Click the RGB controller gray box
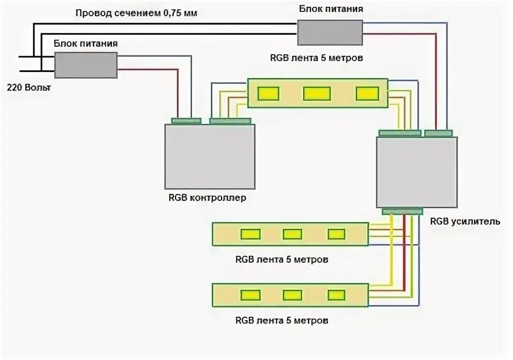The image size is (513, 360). (x=209, y=156)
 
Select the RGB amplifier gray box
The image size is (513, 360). (x=416, y=172)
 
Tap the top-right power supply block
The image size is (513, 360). (x=330, y=32)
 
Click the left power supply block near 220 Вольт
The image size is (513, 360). (x=85, y=65)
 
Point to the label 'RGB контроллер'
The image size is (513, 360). (x=207, y=198)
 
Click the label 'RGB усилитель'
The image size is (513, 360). (x=465, y=221)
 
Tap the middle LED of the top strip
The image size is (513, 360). (x=317, y=93)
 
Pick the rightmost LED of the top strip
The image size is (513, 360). (x=367, y=93)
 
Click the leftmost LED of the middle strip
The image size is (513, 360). (x=250, y=234)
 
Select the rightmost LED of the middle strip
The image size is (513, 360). (x=336, y=234)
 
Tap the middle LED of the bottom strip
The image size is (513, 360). (x=292, y=295)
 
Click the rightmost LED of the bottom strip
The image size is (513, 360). (x=336, y=295)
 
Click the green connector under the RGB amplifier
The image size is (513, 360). (x=402, y=211)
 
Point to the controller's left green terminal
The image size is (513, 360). (x=186, y=120)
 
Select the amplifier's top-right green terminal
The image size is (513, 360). (x=438, y=133)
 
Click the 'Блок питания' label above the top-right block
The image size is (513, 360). (x=330, y=9)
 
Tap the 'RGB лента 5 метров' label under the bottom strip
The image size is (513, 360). (x=282, y=321)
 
